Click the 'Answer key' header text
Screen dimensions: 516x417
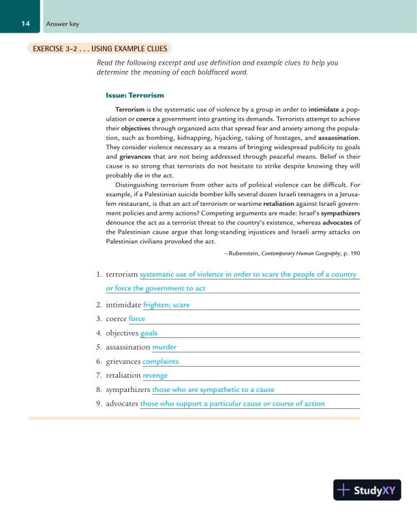pos(62,25)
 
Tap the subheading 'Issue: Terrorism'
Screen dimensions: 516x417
pos(134,94)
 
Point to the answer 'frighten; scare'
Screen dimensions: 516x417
pos(166,305)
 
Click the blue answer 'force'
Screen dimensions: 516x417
pos(137,319)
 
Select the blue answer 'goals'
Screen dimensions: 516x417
pos(149,333)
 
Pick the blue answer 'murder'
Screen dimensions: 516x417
pos(164,347)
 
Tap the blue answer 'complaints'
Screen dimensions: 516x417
pos(160,361)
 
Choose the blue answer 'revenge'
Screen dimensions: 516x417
pos(155,376)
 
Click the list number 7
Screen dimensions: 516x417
pos(99,376)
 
